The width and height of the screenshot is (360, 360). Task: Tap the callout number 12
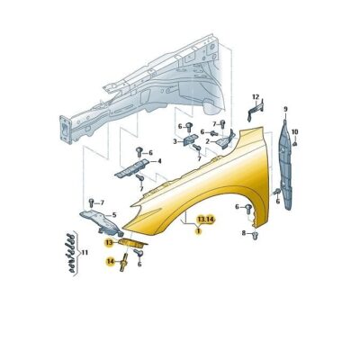click(256, 97)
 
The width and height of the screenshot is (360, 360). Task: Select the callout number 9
click(285, 109)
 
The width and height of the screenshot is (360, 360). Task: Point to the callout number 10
click(295, 131)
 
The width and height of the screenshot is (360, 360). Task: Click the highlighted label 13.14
click(206, 220)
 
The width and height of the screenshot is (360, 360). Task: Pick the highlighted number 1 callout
click(198, 231)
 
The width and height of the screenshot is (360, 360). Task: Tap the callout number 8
click(244, 232)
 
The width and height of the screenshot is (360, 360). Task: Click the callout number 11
click(85, 253)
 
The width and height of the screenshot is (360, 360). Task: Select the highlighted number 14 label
click(110, 262)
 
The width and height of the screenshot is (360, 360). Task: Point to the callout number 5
click(114, 215)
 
